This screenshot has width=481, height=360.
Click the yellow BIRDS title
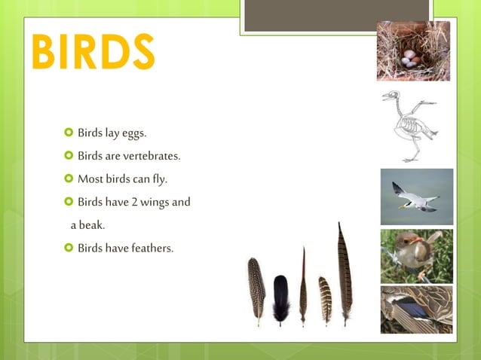[93, 50]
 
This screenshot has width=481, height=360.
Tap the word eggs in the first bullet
[133, 134]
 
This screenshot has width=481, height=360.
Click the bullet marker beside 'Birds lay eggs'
[69, 134]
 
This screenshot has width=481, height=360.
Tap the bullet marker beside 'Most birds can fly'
[69, 179]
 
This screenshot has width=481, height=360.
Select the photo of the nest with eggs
[413, 51]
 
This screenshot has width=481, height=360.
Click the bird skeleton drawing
[411, 126]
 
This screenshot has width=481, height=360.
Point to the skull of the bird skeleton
[391, 96]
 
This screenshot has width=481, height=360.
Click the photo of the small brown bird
[416, 255]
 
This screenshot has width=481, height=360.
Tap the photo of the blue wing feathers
[416, 309]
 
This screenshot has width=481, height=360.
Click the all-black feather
[280, 297]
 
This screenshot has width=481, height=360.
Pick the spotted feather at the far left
[256, 290]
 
